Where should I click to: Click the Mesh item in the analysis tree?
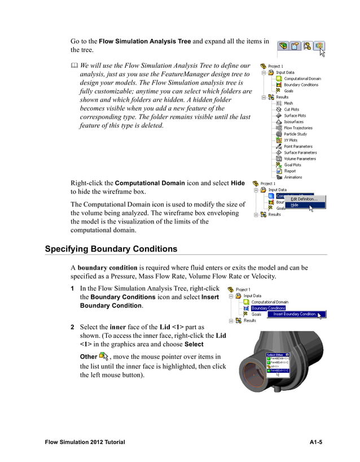(x=288, y=103)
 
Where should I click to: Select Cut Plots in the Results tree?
(x=291, y=109)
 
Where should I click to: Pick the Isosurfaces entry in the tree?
(x=293, y=122)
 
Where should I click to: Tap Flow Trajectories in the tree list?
(x=297, y=128)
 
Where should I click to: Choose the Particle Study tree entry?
(x=295, y=134)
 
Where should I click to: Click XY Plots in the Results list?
(x=291, y=140)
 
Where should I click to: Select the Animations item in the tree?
(x=293, y=177)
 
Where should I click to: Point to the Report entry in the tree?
(x=289, y=171)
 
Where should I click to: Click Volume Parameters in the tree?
(x=300, y=159)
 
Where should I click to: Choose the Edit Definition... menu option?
(x=304, y=199)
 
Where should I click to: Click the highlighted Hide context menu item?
(x=295, y=205)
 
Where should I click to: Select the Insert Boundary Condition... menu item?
(x=295, y=314)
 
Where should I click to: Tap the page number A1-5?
(x=315, y=442)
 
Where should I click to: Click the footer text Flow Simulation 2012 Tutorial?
(x=85, y=442)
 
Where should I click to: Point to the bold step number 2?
(x=72, y=327)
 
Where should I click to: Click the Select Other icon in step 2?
(x=103, y=355)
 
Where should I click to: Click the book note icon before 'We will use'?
(x=74, y=67)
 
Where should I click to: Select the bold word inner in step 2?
(x=117, y=327)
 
